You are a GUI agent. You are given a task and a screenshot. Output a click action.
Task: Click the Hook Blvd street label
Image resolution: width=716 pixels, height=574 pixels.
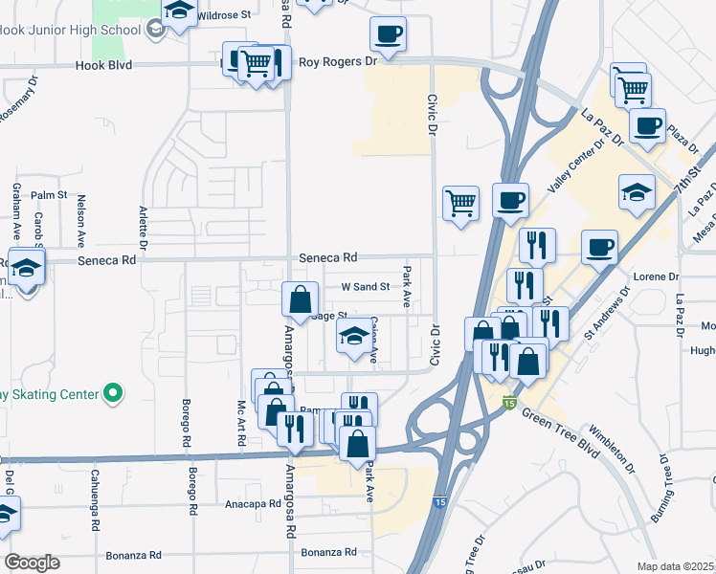click(104, 66)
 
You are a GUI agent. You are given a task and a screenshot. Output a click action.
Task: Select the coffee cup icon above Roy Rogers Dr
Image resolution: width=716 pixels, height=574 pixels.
click(388, 35)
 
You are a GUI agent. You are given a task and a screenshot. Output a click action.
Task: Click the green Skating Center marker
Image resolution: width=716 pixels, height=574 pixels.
click(114, 393)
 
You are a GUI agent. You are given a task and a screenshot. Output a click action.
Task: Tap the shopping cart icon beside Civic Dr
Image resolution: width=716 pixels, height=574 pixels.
click(460, 203)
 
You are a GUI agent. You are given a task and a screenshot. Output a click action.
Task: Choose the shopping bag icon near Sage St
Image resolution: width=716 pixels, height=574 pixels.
click(300, 298)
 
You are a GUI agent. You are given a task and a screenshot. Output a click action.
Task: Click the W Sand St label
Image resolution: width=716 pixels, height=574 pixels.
click(366, 286)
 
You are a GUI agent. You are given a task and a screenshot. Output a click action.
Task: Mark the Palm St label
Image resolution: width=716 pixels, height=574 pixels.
click(46, 195)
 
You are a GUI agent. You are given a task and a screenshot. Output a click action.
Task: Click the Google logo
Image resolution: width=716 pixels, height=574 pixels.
click(31, 562)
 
